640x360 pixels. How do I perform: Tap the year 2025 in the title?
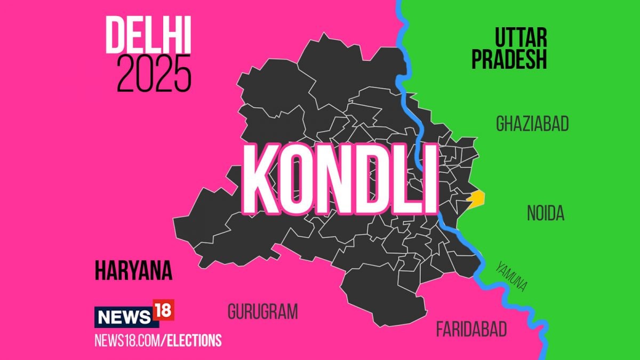pyautogui.click(x=154, y=73)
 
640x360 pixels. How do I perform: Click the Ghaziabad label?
pyautogui.click(x=532, y=124)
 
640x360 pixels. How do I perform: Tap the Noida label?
pyautogui.click(x=546, y=214)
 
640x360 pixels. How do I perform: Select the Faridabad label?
pyautogui.click(x=471, y=329)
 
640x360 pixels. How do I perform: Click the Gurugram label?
pyautogui.click(x=262, y=312)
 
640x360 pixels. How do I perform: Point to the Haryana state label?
pyautogui.click(x=133, y=271)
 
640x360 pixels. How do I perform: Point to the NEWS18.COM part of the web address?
pyautogui.click(x=127, y=340)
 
